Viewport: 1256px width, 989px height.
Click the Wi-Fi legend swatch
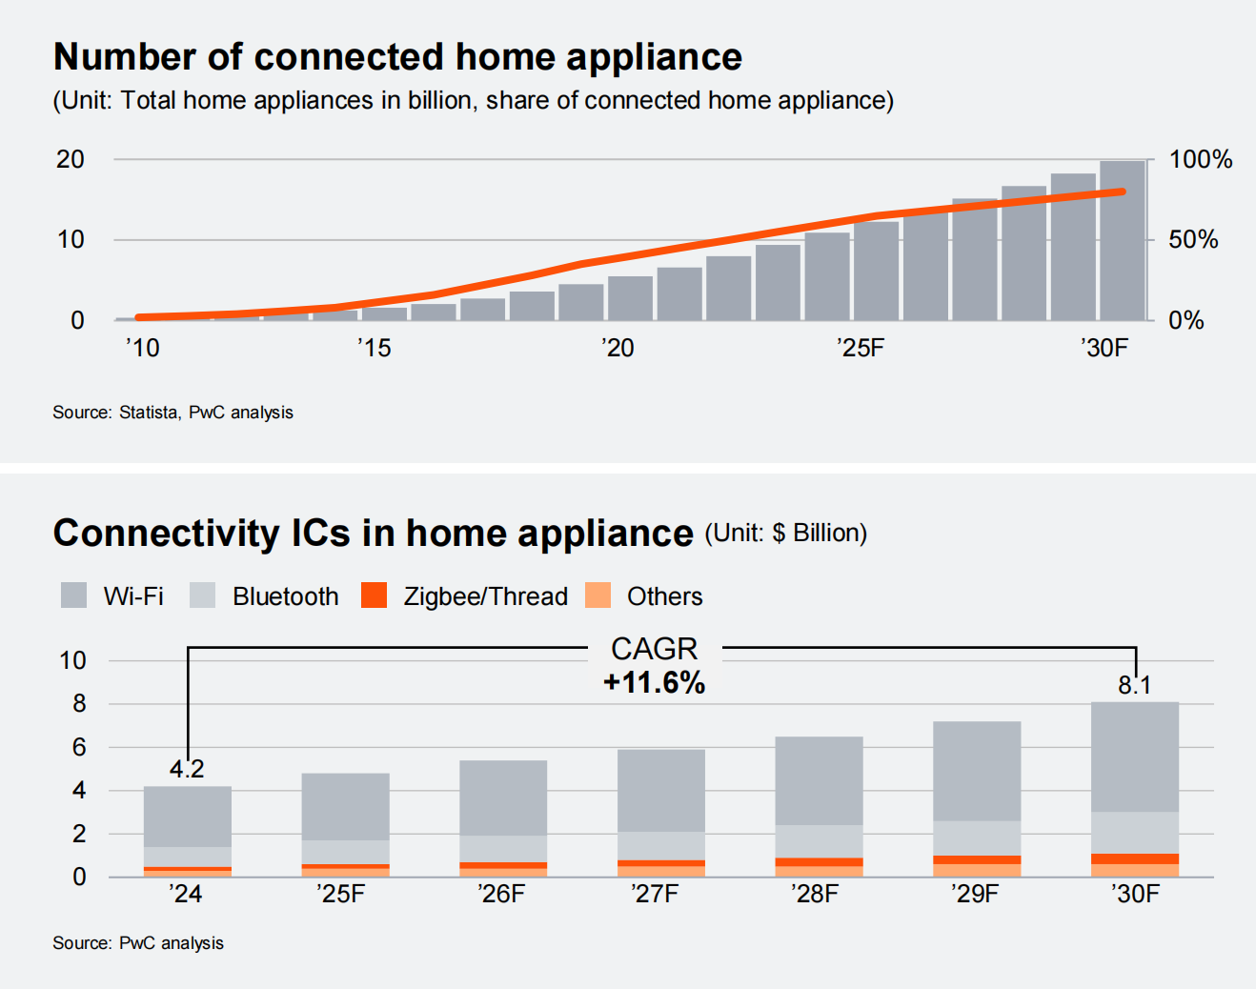73,595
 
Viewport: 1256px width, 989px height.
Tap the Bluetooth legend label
285,596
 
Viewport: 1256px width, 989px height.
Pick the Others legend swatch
598,595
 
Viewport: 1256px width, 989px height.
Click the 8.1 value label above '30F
1134,685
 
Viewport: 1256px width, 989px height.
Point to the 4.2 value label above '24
187,769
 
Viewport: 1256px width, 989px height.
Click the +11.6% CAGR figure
655,682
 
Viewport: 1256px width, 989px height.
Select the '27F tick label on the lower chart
655,894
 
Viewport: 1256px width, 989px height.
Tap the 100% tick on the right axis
1200,159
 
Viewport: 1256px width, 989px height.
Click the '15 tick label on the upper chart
375,348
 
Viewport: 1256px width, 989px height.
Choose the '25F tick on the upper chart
861,348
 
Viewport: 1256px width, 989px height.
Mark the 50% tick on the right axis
1193,239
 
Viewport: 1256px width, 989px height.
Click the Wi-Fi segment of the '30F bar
1134,757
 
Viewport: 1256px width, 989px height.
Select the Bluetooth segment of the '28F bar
819,841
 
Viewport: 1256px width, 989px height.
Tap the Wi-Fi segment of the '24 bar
187,817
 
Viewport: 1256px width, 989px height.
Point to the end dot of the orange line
1122,192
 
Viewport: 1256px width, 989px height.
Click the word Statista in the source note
148,413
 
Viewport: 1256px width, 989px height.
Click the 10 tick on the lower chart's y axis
72,660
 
